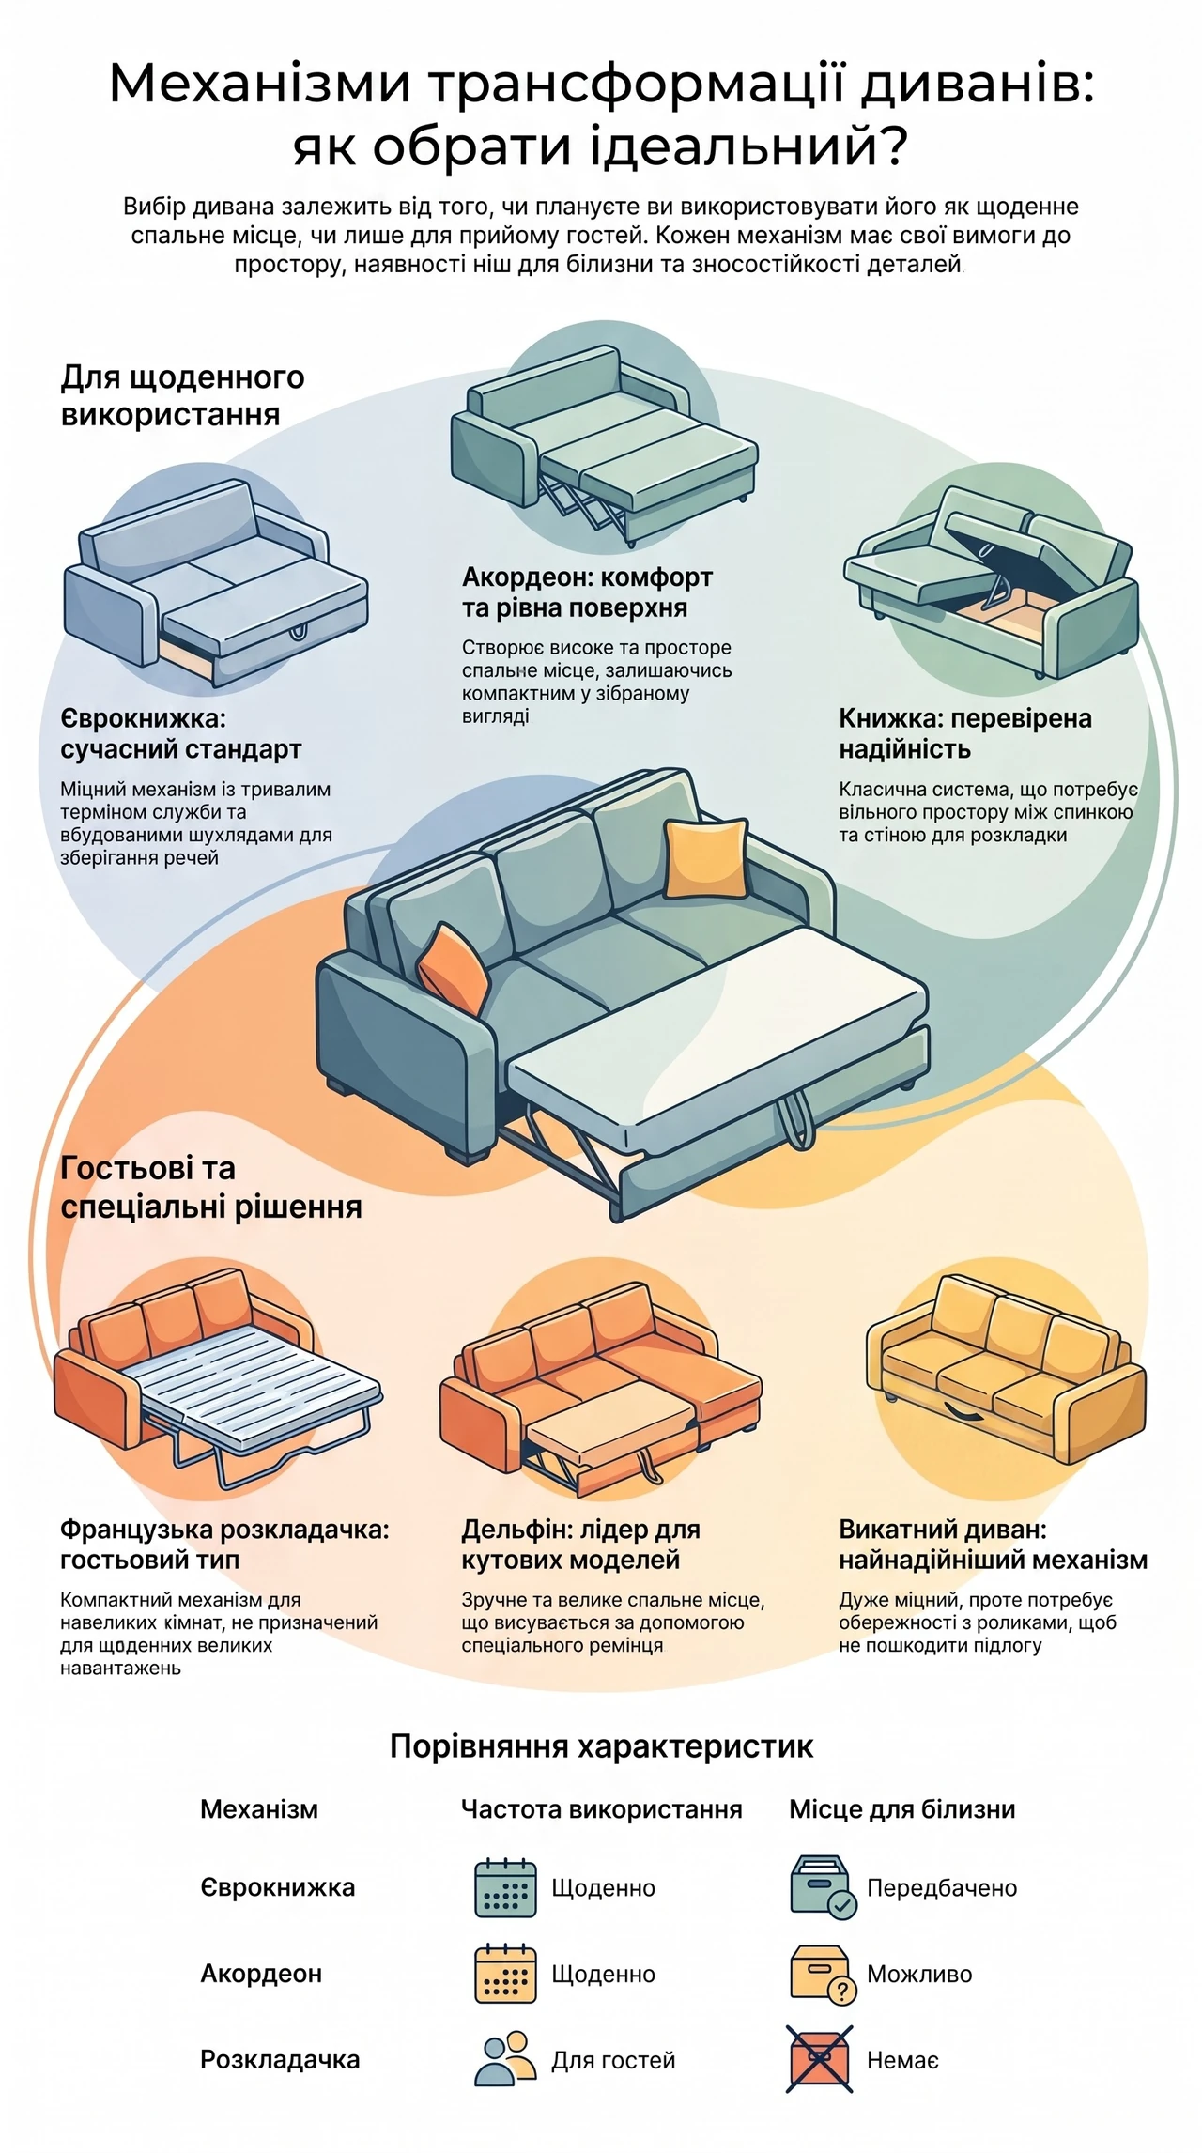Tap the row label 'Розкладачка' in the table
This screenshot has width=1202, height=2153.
(280, 2060)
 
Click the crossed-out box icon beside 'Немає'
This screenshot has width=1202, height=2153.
(820, 2060)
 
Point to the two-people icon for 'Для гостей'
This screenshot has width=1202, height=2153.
(505, 2059)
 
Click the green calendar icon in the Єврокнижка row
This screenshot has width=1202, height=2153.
(505, 1888)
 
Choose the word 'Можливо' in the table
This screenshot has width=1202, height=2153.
(919, 1975)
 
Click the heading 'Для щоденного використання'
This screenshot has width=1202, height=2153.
(183, 395)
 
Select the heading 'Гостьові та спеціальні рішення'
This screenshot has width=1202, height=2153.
(211, 1188)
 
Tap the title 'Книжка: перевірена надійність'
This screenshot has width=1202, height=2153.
(965, 734)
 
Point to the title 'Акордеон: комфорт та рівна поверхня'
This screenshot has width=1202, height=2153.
(587, 592)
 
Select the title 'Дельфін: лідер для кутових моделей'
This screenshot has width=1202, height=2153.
(580, 1545)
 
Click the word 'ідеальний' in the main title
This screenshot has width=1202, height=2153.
(734, 146)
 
